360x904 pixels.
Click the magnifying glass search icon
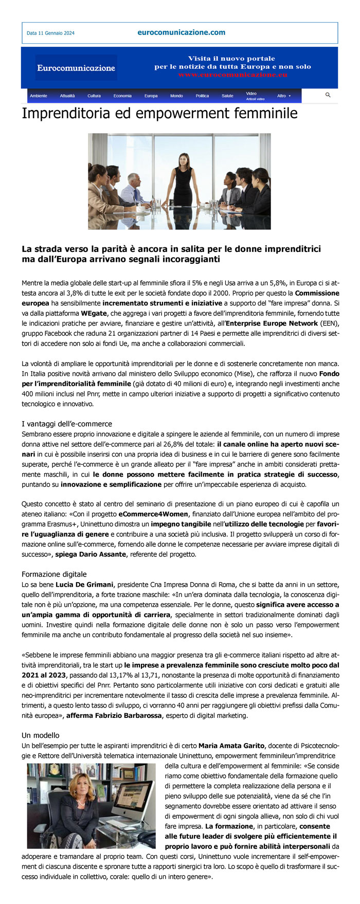(328, 95)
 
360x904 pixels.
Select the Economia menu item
(122, 96)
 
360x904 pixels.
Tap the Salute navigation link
(227, 96)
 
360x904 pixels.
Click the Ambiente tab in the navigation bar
(39, 96)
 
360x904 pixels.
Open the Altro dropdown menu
(283, 96)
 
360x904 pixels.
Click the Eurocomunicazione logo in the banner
(76, 68)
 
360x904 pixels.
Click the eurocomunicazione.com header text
(181, 32)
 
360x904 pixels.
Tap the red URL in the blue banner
(232, 75)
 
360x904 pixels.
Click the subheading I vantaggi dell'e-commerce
(67, 424)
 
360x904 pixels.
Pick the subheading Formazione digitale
(54, 574)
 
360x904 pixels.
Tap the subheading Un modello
(41, 735)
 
